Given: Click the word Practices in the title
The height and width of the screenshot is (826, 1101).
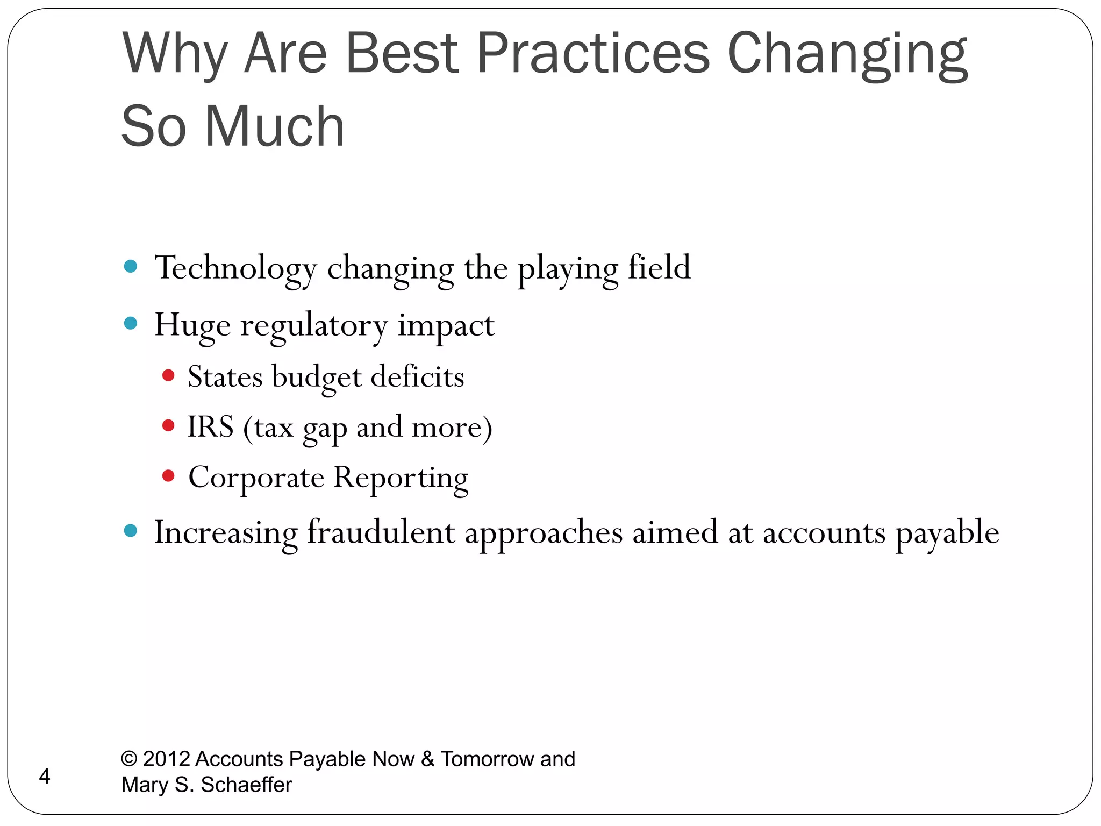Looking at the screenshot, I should pyautogui.click(x=593, y=54).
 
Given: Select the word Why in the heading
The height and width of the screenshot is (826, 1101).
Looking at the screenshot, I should pyautogui.click(x=174, y=54).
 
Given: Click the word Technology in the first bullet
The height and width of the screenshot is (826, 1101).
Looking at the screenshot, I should pyautogui.click(x=235, y=268).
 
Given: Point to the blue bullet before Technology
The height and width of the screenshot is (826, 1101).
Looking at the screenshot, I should pyautogui.click(x=131, y=266).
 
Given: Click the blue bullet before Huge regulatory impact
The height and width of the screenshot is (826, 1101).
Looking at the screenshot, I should pyautogui.click(x=131, y=323).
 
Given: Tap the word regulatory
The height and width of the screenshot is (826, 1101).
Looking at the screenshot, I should pyautogui.click(x=313, y=326).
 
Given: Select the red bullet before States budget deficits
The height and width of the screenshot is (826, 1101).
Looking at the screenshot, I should pyautogui.click(x=168, y=375).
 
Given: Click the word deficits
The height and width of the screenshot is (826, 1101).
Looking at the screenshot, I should pyautogui.click(x=417, y=376).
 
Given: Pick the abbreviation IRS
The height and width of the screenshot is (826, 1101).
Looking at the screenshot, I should pyautogui.click(x=210, y=427).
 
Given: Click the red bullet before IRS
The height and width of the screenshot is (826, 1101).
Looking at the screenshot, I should pyautogui.click(x=168, y=426).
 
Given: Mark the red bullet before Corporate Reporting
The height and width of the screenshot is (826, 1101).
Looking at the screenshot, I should pyautogui.click(x=168, y=476).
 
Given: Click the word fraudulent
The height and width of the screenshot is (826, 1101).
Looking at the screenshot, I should pyautogui.click(x=381, y=532).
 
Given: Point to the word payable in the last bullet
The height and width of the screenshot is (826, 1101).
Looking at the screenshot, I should pyautogui.click(x=947, y=533).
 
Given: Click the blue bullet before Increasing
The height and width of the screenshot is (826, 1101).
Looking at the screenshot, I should pyautogui.click(x=131, y=531).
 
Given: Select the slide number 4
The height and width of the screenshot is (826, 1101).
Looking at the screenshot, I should pyautogui.click(x=45, y=777).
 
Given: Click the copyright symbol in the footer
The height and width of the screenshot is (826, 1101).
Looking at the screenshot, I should pyautogui.click(x=129, y=759).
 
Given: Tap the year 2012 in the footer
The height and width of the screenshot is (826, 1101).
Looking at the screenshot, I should pyautogui.click(x=167, y=759).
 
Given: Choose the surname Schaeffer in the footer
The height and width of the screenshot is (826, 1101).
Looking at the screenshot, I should pyautogui.click(x=246, y=785).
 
